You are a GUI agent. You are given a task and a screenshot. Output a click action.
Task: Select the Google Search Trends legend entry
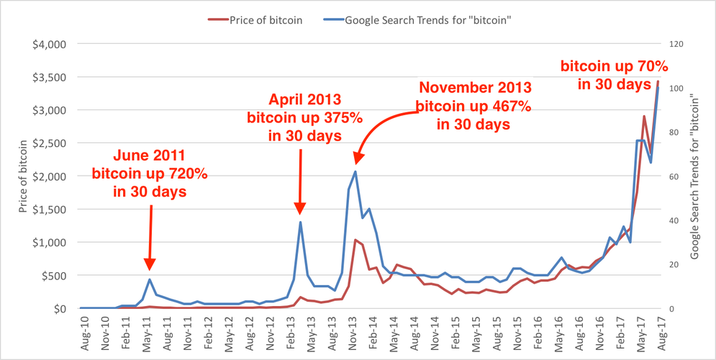click(x=424, y=20)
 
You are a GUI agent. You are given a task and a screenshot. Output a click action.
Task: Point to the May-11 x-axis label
click(x=148, y=331)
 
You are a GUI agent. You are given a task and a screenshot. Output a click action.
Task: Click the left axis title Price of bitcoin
click(x=17, y=176)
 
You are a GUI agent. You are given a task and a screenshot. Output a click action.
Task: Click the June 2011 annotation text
click(x=150, y=173)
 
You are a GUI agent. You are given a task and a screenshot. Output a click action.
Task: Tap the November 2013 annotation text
click(x=475, y=105)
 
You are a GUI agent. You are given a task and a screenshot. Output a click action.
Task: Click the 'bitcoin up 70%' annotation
click(x=614, y=75)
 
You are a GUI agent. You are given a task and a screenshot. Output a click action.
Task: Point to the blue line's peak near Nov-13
click(x=355, y=171)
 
